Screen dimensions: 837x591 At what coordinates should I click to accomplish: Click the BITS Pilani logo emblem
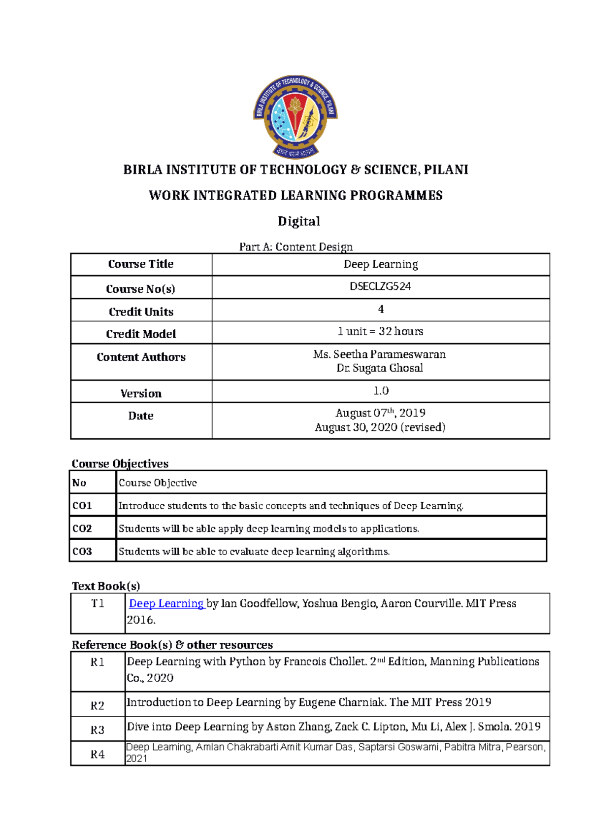click(295, 117)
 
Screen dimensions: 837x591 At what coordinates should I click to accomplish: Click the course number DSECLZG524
click(380, 286)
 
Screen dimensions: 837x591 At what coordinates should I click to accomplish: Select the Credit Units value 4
click(381, 309)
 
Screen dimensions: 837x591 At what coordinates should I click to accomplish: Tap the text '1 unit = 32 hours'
click(380, 331)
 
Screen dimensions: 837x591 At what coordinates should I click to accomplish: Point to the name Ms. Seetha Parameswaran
click(379, 354)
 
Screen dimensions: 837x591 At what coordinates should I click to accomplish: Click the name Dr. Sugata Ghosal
click(380, 368)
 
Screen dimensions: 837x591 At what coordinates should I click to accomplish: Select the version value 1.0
click(381, 391)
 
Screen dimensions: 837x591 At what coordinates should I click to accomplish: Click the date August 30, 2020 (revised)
click(380, 427)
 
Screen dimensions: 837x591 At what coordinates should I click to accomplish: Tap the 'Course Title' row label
click(141, 264)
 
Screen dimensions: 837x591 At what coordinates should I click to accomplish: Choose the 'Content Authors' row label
click(141, 357)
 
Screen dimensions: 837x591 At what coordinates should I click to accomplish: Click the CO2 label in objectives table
click(82, 528)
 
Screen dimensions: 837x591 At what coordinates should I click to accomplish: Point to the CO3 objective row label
click(82, 551)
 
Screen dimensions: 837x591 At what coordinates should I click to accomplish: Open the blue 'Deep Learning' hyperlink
click(166, 603)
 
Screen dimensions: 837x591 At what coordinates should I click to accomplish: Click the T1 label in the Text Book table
click(98, 603)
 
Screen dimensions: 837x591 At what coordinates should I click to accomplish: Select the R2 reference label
click(98, 705)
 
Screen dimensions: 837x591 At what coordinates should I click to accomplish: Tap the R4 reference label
click(98, 754)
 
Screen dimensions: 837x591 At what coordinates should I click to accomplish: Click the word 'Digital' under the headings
click(298, 221)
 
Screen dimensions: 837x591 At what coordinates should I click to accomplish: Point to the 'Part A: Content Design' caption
click(295, 246)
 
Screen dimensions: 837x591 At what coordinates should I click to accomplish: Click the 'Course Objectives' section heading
click(120, 463)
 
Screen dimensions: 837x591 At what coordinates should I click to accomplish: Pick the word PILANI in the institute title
click(445, 170)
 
